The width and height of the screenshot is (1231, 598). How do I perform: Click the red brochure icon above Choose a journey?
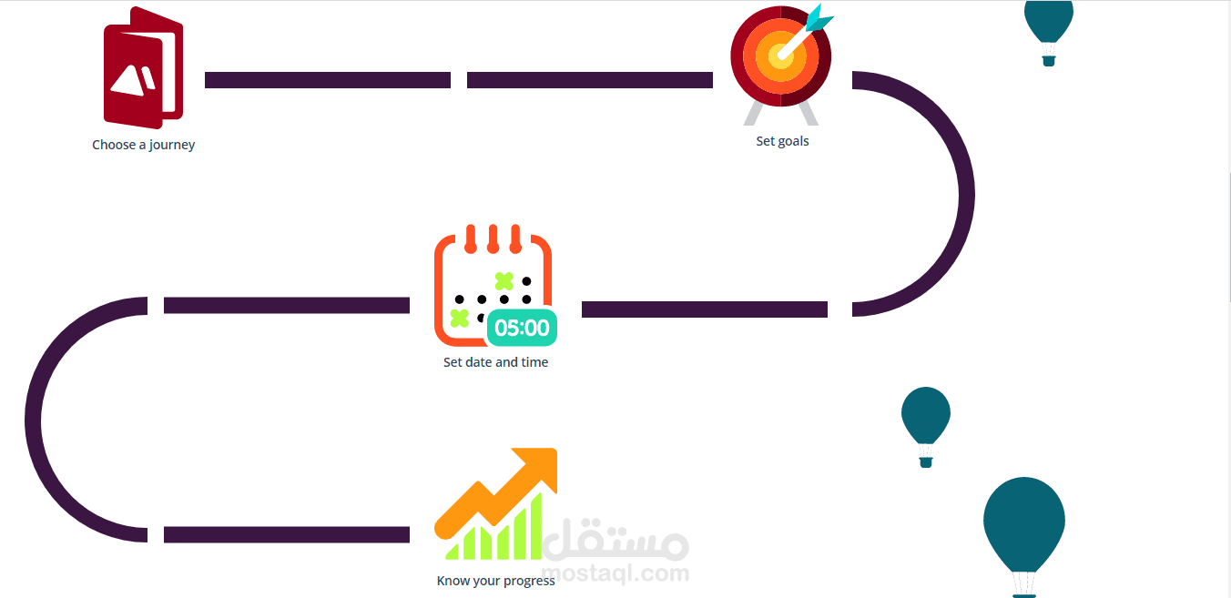pos(143,69)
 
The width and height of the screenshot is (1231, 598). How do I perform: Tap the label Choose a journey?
pos(143,145)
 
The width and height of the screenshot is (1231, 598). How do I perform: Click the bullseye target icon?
pos(780,57)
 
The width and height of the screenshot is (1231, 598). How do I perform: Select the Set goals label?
pos(782,141)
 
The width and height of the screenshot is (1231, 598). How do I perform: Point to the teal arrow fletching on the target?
pos(819,17)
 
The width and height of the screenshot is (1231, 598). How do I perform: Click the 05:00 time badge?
pos(522,329)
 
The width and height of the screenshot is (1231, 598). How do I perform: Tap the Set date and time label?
pos(495,362)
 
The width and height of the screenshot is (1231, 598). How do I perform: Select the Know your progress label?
pos(495,581)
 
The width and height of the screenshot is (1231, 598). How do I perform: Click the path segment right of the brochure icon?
pos(328,80)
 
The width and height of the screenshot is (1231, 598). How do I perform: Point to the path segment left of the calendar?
pos(286,306)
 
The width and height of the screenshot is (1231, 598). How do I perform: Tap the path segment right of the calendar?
pos(704,309)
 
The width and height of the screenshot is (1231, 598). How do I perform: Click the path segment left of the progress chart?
pos(286,534)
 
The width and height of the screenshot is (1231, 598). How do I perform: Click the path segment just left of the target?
pos(589,80)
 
